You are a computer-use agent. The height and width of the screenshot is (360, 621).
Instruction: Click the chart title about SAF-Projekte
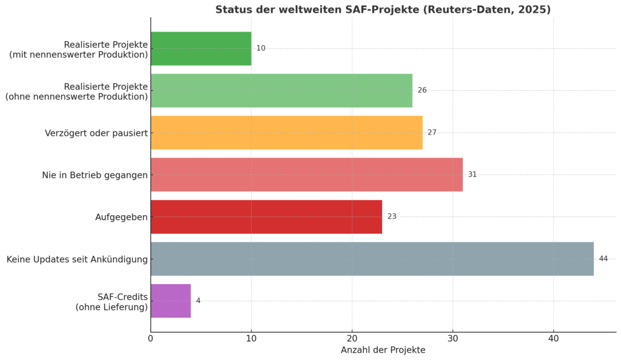[x=383, y=10]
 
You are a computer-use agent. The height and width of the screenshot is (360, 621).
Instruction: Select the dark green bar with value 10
[x=201, y=48]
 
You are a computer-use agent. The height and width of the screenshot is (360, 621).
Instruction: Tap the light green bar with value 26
[x=281, y=90]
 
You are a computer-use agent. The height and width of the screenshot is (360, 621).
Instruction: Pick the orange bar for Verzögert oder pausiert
[x=286, y=133]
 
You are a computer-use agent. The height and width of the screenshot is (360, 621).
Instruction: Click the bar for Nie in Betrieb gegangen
[x=306, y=175]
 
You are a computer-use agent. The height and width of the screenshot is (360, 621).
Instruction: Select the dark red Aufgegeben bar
[x=266, y=216]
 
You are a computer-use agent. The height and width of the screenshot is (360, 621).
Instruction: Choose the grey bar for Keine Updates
[x=372, y=259]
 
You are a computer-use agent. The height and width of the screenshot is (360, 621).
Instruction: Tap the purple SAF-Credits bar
[x=170, y=301]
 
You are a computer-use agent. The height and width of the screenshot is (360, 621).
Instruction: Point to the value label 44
[x=603, y=259]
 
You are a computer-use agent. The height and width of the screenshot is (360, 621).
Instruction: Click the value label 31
[x=472, y=175]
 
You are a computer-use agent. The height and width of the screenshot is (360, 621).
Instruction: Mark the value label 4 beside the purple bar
[x=198, y=301]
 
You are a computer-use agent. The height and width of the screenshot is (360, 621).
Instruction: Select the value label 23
[x=392, y=216]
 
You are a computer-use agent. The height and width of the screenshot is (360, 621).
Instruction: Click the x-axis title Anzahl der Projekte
[x=383, y=350]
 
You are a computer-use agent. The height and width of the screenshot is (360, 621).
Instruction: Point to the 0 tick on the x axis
[x=150, y=338]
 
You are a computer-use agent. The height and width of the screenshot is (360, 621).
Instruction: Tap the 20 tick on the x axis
[x=352, y=338]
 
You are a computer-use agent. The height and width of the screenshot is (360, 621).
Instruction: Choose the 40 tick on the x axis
[x=553, y=338]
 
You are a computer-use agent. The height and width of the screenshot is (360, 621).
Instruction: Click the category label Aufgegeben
[x=121, y=217]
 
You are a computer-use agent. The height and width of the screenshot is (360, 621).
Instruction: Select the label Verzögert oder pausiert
[x=96, y=133]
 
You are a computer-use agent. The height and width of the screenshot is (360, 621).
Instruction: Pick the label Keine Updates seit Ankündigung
[x=77, y=259]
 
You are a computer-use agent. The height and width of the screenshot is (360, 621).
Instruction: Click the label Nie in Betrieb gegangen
[x=95, y=175]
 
